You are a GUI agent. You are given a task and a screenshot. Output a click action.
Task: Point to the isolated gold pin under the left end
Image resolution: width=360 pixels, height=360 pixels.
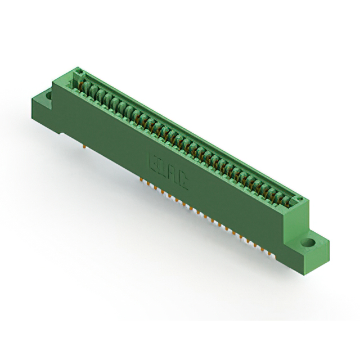[85, 147]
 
